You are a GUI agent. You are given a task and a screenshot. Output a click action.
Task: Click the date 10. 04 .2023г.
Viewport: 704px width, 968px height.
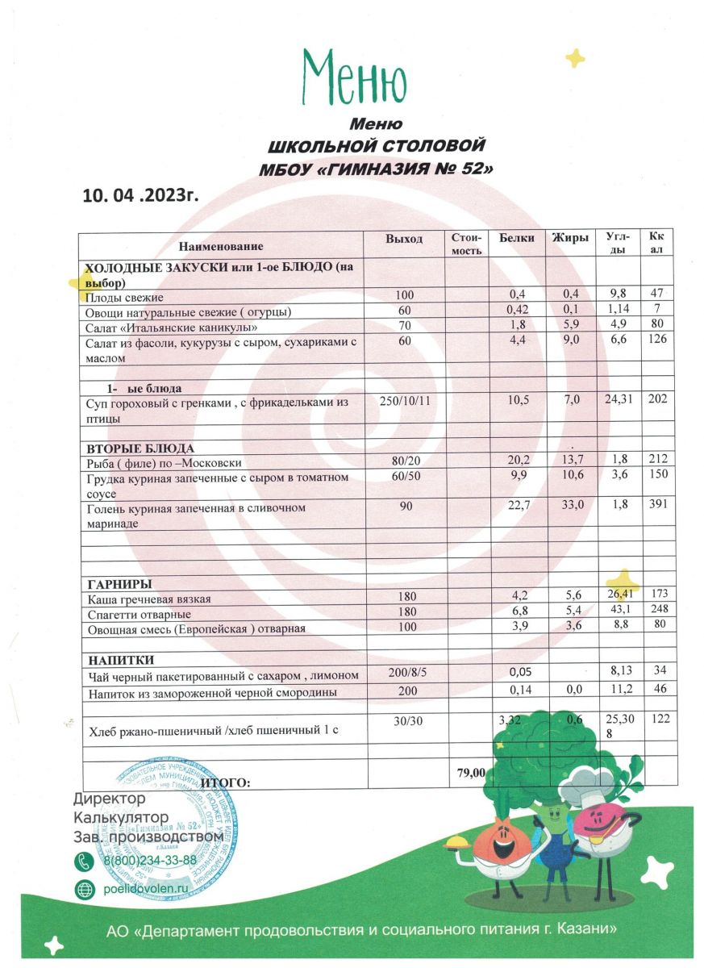pyautogui.click(x=140, y=195)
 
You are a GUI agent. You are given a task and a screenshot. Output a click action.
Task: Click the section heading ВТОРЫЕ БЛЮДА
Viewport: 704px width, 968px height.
pyautogui.click(x=141, y=449)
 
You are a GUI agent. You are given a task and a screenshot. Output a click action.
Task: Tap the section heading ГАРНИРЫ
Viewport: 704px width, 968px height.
pyautogui.click(x=119, y=583)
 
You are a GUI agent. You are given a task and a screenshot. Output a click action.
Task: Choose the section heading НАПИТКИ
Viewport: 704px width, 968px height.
pyautogui.click(x=120, y=660)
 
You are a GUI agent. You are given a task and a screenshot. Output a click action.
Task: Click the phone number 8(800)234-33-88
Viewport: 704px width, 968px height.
pyautogui.click(x=150, y=860)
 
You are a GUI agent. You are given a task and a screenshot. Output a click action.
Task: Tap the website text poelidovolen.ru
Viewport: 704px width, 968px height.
pyautogui.click(x=146, y=888)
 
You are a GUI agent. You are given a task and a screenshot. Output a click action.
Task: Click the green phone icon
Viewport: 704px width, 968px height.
pyautogui.click(x=85, y=861)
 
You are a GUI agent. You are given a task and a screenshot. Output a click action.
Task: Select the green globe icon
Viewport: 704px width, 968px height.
pyautogui.click(x=85, y=889)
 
